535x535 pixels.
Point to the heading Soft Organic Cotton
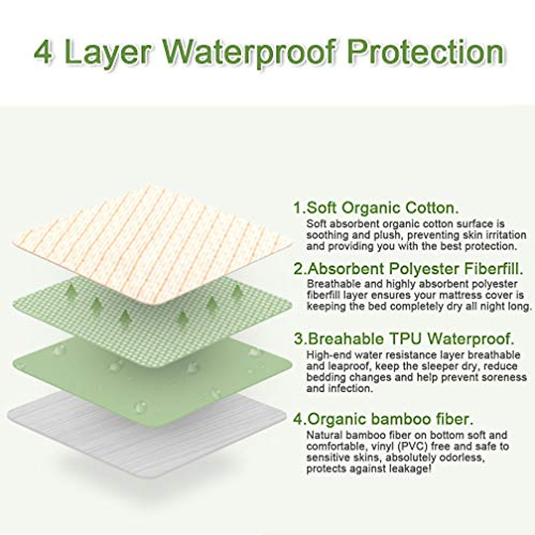(x=375, y=208)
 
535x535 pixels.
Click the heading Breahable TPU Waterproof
(x=403, y=338)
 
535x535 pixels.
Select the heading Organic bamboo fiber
(x=383, y=419)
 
